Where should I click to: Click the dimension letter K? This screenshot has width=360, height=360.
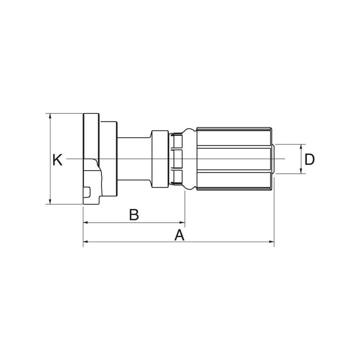58,160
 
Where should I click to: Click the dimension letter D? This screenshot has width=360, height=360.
309,159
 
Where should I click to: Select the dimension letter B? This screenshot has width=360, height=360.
134,215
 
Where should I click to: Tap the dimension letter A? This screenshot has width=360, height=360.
179,235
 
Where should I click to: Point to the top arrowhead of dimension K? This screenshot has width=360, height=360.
50,116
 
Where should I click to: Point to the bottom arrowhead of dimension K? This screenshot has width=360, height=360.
50,202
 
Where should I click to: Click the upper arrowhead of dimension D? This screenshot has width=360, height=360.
301,147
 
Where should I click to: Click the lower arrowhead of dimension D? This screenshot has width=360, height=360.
301,171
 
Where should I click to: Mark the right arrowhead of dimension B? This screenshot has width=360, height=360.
182,222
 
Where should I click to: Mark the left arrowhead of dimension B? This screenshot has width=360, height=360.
86,222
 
